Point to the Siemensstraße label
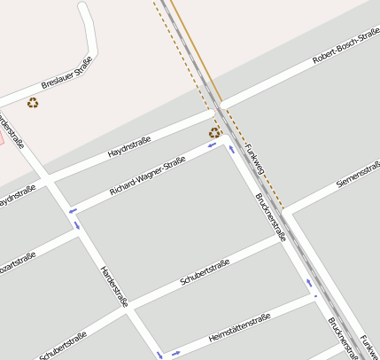358,174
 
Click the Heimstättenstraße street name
238,329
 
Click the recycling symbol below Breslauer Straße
33,103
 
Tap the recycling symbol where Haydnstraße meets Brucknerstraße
214,133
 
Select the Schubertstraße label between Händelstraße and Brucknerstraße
205,272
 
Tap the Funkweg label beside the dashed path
255,157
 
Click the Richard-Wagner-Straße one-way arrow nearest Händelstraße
73,210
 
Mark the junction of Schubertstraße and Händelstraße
128,309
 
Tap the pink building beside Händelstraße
2,138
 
